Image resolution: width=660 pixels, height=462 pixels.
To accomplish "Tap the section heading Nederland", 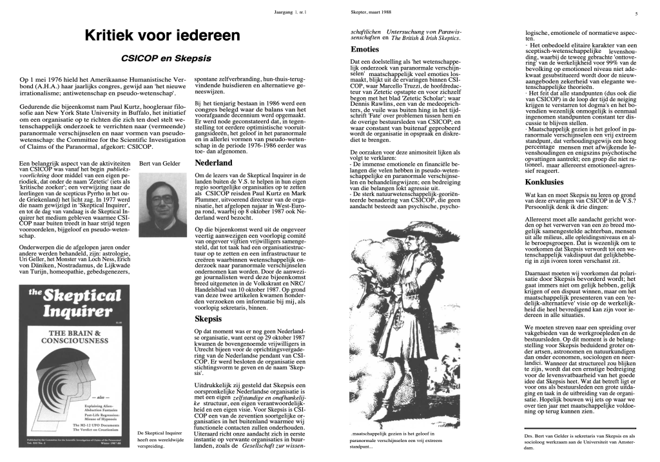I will point(213,163).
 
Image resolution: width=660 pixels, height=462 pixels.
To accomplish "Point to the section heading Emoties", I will point(364,50).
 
